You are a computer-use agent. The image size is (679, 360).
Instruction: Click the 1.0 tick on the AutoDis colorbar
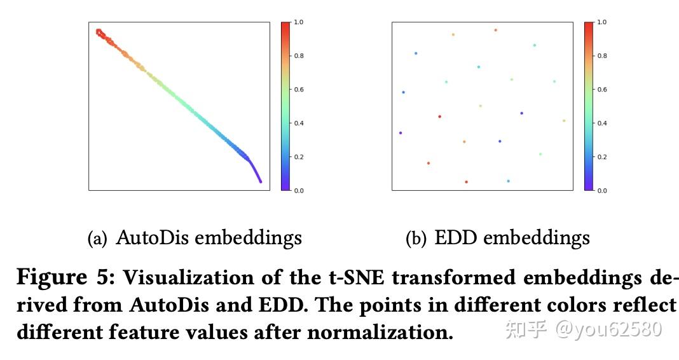(x=298, y=22)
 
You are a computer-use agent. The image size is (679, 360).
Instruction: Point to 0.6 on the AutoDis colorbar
(x=298, y=90)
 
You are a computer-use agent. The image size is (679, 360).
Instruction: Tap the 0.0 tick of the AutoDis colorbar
(x=298, y=190)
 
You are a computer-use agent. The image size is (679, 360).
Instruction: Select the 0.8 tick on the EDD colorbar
(x=601, y=56)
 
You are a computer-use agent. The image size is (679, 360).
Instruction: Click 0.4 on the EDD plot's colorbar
(x=601, y=123)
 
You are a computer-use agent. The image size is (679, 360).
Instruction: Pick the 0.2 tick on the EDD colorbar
(x=601, y=157)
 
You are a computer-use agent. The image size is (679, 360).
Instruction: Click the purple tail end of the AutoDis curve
(x=260, y=181)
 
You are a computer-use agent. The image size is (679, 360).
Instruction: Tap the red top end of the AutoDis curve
(x=99, y=31)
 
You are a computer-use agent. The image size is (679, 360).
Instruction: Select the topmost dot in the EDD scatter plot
(x=496, y=30)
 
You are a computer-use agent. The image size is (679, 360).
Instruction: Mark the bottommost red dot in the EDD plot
(x=466, y=182)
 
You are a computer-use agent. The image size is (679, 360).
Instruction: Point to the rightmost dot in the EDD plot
(x=564, y=120)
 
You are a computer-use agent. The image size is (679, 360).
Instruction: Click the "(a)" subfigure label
(x=97, y=239)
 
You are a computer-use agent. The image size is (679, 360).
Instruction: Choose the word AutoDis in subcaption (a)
(x=152, y=238)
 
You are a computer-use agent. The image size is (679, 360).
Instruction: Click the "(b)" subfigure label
(x=416, y=239)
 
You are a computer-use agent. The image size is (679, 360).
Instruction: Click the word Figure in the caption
(x=51, y=278)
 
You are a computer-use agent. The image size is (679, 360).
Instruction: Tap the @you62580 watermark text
(x=608, y=329)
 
